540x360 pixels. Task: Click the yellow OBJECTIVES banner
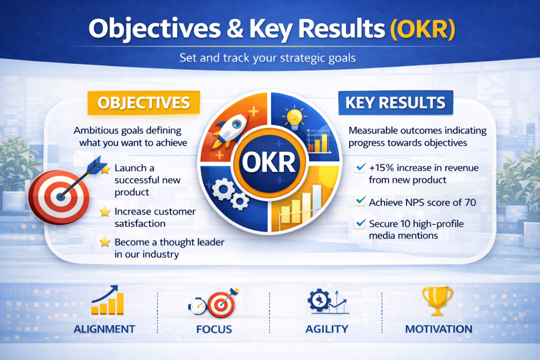pyautogui.click(x=143, y=103)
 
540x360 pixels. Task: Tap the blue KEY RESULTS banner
pyautogui.click(x=396, y=103)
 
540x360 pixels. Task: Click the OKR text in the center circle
pyautogui.click(x=268, y=162)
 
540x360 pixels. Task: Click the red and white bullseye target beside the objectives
pyautogui.click(x=59, y=197)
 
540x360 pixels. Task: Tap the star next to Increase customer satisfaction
pyautogui.click(x=105, y=211)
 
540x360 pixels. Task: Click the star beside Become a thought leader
pyautogui.click(x=105, y=242)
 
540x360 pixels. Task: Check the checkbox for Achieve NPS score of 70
pyautogui.click(x=360, y=201)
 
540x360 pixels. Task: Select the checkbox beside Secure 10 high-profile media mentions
pyautogui.click(x=360, y=223)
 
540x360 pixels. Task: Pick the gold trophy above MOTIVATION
pyautogui.click(x=437, y=300)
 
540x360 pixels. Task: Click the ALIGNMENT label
pyautogui.click(x=104, y=329)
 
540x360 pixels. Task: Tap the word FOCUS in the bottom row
pyautogui.click(x=214, y=329)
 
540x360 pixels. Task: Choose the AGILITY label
pyautogui.click(x=327, y=329)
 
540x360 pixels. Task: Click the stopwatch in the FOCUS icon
pyautogui.click(x=197, y=306)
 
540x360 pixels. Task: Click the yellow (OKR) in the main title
pyautogui.click(x=422, y=29)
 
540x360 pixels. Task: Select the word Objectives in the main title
pyautogui.click(x=155, y=29)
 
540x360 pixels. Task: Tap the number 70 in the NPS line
pyautogui.click(x=470, y=202)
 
